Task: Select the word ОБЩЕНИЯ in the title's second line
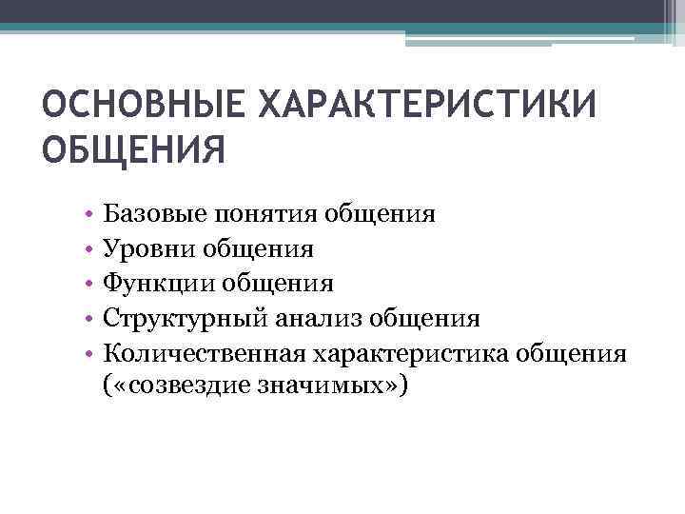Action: [134, 149]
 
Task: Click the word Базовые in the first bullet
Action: [146, 213]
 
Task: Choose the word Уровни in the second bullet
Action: [142, 248]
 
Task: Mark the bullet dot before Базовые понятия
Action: [87, 214]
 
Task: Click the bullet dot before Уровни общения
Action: [87, 249]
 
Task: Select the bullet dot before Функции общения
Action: [87, 284]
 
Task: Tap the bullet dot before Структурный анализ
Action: [87, 319]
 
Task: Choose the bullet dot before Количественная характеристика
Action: [87, 354]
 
